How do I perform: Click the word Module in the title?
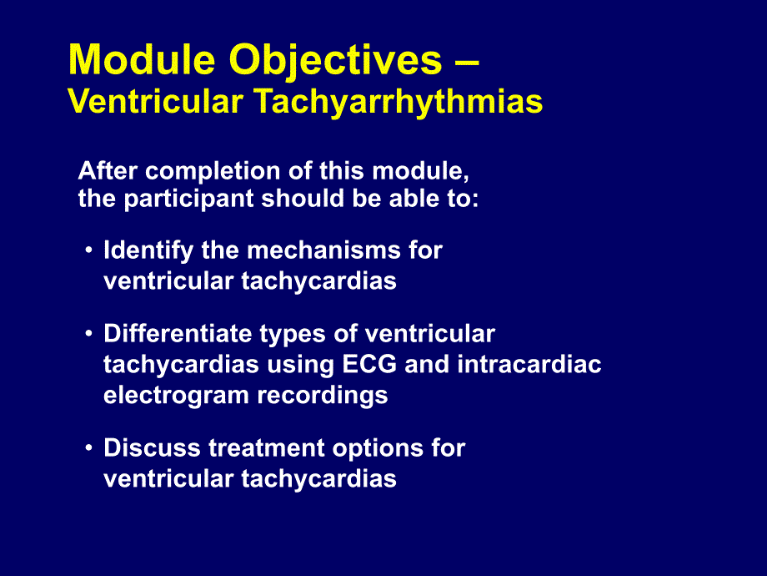coord(142,59)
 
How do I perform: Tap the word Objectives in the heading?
coord(335,61)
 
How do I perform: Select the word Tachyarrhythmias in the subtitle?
coord(399,103)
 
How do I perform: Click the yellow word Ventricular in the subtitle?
coord(156,101)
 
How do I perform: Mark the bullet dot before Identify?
coord(88,250)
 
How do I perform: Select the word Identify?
coord(148,250)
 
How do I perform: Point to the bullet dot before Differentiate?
coord(88,334)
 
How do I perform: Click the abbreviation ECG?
coord(369,365)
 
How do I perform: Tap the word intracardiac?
coord(529,365)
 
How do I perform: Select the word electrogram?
coord(176,396)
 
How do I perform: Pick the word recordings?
coord(323,396)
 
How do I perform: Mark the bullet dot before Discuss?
coord(88,448)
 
